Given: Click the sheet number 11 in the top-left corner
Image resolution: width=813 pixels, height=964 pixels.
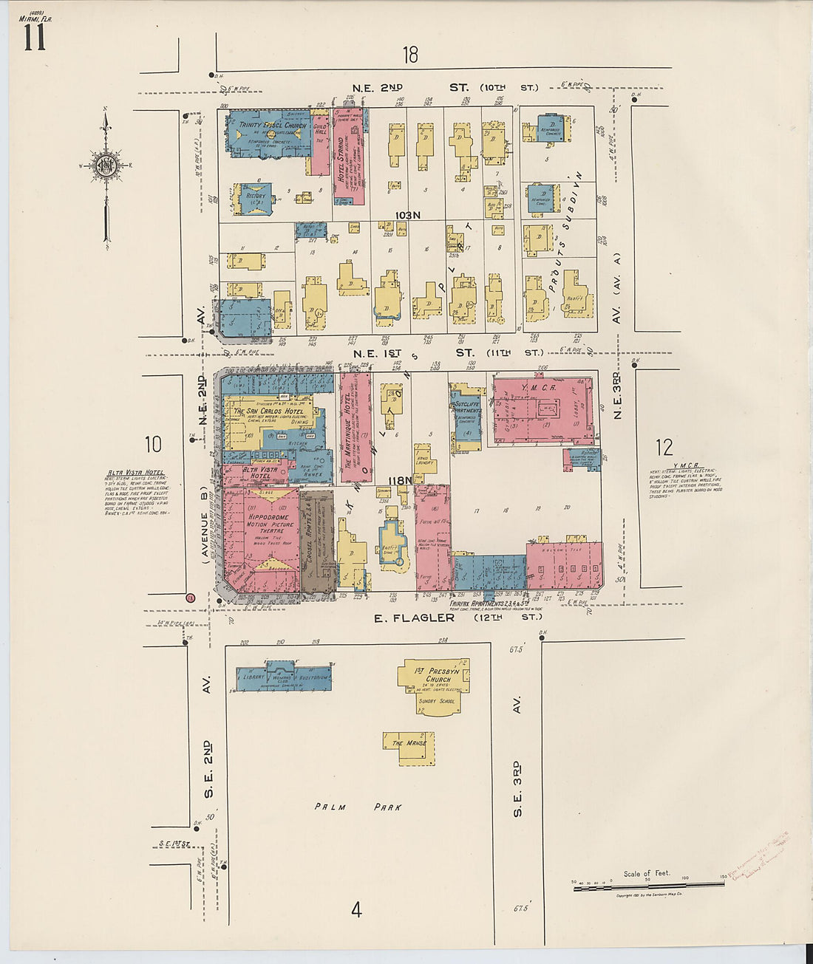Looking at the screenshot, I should tap(33, 37).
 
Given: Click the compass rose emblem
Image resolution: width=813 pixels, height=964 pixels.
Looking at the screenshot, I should tap(106, 165).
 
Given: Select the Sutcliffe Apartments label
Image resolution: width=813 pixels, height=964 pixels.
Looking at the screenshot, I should tap(467, 408).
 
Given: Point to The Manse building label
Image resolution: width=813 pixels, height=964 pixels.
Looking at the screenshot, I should tap(409, 743).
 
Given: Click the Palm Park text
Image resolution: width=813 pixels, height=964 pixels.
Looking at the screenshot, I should tap(358, 807).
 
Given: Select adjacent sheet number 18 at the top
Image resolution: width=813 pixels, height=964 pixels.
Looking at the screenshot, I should tap(410, 54).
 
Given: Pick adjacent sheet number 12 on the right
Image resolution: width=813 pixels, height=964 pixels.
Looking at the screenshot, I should tap(664, 447).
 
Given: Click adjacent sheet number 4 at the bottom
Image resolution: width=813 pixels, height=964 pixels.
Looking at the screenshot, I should tap(356, 909).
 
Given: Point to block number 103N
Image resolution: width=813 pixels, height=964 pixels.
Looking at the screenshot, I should tap(407, 215).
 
